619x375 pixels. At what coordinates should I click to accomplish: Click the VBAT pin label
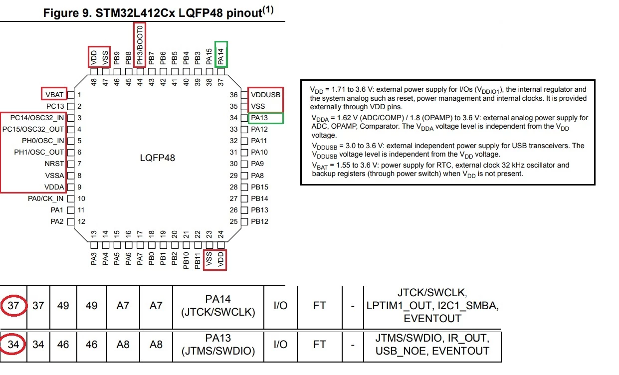click(54, 95)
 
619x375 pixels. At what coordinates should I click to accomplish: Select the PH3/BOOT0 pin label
click(140, 45)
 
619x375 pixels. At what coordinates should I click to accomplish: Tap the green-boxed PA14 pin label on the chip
click(220, 57)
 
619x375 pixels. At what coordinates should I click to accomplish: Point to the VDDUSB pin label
click(265, 95)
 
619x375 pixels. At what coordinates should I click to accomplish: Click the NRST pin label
click(54, 164)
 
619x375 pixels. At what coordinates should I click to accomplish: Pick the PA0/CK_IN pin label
click(45, 198)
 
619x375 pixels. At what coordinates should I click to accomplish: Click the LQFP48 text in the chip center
click(157, 158)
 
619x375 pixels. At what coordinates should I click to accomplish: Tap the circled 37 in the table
click(13, 305)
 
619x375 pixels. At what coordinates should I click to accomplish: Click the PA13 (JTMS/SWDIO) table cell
click(218, 344)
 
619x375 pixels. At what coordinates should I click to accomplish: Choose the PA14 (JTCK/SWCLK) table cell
click(218, 305)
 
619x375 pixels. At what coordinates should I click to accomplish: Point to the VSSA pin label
click(54, 176)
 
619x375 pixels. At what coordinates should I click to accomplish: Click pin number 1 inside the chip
click(79, 95)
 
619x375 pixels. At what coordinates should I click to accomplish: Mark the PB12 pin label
click(259, 221)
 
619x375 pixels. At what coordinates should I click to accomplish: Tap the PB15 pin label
click(259, 187)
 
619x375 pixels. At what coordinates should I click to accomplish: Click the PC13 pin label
click(55, 106)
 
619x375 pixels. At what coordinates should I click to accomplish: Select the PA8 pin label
click(257, 176)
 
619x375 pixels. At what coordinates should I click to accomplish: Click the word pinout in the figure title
click(244, 13)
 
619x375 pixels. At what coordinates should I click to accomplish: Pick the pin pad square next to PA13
click(244, 118)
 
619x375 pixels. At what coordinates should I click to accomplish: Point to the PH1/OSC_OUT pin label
click(39, 152)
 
